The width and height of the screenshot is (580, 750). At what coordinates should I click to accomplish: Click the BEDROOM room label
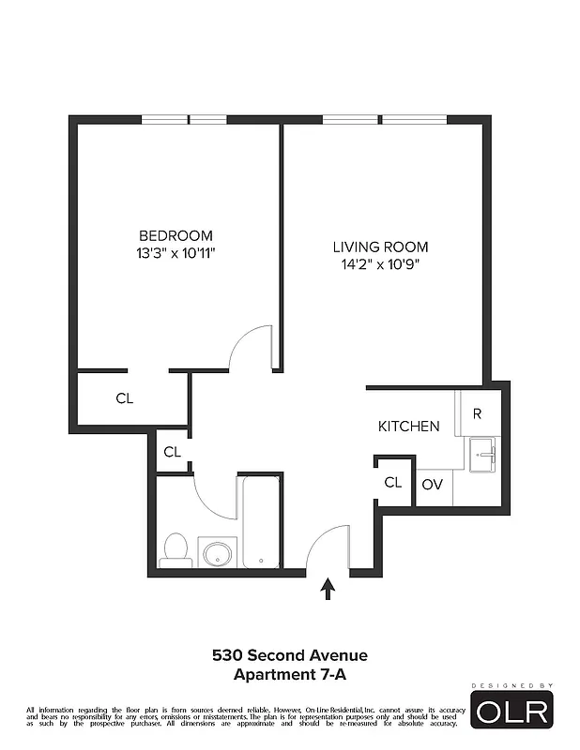176,235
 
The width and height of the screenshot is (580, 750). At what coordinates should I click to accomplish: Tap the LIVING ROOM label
380,247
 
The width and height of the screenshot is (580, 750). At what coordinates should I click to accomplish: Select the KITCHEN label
408,427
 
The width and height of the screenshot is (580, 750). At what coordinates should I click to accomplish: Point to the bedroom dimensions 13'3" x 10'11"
176,252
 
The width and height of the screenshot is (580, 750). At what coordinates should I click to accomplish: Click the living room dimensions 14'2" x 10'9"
380,264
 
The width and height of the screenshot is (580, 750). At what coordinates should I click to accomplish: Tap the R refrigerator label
478,413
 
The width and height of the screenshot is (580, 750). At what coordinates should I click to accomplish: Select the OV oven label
432,485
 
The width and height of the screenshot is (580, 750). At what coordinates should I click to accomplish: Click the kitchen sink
484,456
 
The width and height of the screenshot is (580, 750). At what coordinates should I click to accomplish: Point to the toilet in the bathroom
176,549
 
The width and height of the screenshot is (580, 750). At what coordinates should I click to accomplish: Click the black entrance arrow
328,589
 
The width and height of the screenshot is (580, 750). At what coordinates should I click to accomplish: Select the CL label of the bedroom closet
125,398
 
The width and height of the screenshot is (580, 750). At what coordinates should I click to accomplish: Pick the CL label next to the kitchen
393,483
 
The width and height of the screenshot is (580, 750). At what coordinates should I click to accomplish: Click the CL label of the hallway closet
172,452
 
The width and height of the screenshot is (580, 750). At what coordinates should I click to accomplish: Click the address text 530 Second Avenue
289,655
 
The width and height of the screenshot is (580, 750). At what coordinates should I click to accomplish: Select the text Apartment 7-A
289,673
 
